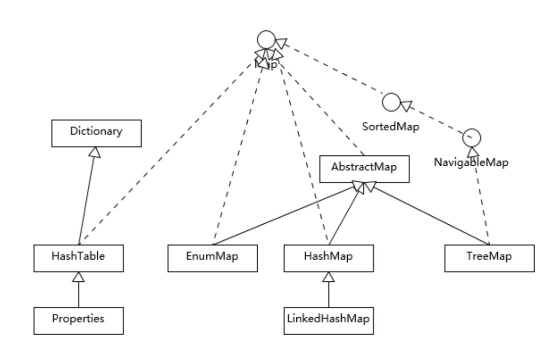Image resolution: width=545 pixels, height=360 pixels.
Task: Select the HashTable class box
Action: click(x=78, y=256)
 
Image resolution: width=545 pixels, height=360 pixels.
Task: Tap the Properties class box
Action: click(x=78, y=319)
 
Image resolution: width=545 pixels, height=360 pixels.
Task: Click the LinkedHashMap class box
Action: click(x=328, y=319)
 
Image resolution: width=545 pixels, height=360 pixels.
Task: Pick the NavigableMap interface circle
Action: click(x=471, y=138)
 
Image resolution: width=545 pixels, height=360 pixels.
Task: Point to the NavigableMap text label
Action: click(x=471, y=162)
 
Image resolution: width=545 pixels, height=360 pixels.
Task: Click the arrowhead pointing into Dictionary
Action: click(x=95, y=152)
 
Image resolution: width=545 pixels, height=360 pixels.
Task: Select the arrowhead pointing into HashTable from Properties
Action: click(x=79, y=275)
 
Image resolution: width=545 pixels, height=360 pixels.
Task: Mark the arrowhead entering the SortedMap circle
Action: click(x=405, y=105)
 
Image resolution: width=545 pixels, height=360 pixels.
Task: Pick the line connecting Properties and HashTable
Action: click(x=79, y=293)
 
